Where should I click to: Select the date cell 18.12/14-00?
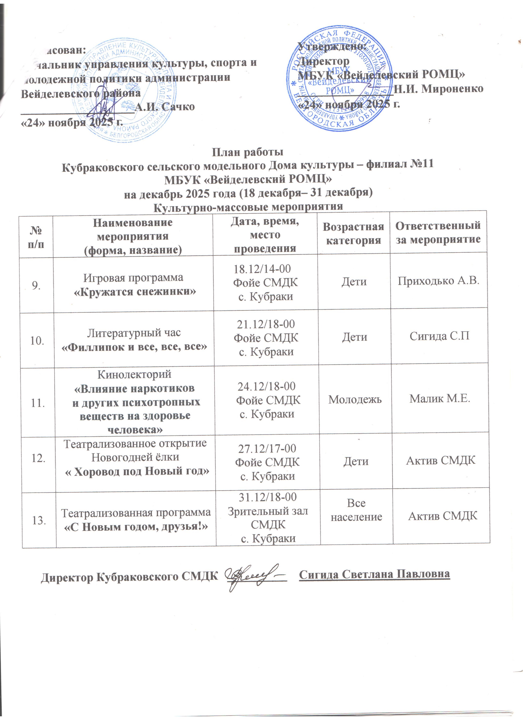pyautogui.click(x=262, y=269)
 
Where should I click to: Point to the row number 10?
pyautogui.click(x=37, y=341)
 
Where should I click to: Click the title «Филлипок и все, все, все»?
pyautogui.click(x=134, y=347)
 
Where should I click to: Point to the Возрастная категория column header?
pyautogui.click(x=353, y=233)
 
